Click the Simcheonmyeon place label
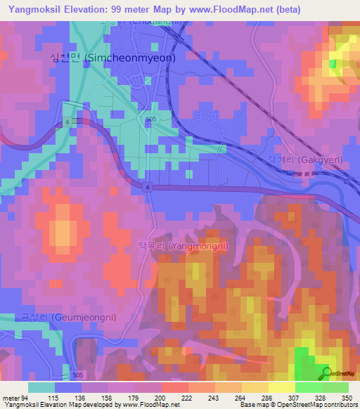tap(101, 60)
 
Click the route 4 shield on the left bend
tap(67, 122)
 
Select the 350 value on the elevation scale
tap(346, 397)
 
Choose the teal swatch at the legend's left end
tap(41, 387)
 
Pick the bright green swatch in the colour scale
tap(309, 387)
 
